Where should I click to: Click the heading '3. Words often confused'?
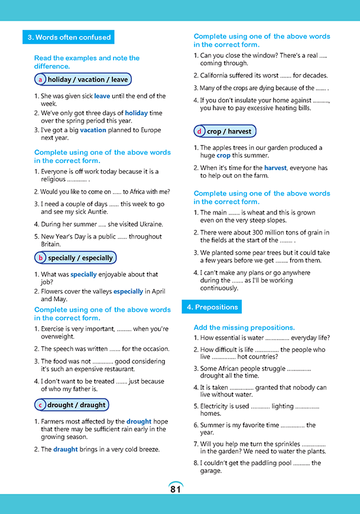pos(69,37)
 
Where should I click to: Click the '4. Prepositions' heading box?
pos(212,307)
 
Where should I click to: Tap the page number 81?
pos(176,489)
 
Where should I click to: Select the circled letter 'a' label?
pos(40,79)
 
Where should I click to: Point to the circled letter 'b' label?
pos(40,258)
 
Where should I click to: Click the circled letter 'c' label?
pos(40,405)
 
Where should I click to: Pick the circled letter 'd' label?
pos(200,131)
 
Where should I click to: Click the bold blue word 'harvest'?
pos(275,168)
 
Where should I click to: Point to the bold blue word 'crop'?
pos(223,155)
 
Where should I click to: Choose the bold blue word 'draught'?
pos(66,449)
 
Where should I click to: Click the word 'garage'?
pos(210,471)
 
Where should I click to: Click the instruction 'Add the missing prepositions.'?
pos(244,327)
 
